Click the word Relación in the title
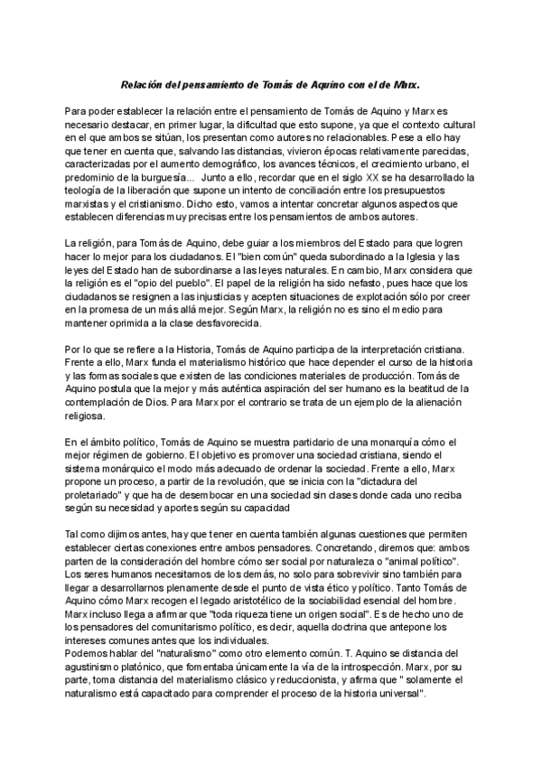[x=145, y=82]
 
